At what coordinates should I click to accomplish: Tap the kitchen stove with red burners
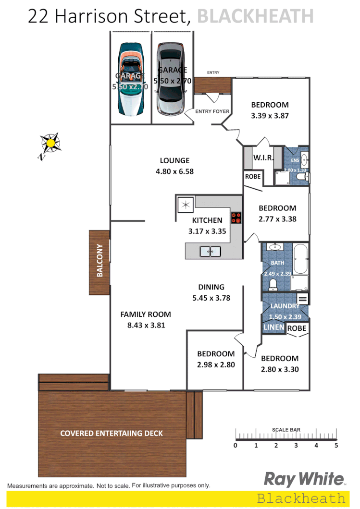tap(236, 218)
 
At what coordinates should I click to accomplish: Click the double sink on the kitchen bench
tap(210, 251)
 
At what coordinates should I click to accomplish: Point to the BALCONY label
tap(100, 261)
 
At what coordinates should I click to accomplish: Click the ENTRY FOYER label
tap(212, 111)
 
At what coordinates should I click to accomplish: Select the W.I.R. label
tap(263, 157)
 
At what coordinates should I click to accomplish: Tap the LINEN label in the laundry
tap(273, 328)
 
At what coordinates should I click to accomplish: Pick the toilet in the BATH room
tap(273, 285)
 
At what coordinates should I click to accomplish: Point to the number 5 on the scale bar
tap(336, 445)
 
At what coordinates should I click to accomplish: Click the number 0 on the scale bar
tap(236, 445)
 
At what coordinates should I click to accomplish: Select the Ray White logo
tap(304, 479)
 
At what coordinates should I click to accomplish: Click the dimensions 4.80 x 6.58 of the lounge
tap(174, 171)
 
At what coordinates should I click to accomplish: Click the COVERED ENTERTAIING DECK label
tap(112, 433)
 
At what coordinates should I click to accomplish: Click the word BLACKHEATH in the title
tap(255, 17)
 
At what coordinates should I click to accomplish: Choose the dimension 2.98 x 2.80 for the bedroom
tap(216, 364)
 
